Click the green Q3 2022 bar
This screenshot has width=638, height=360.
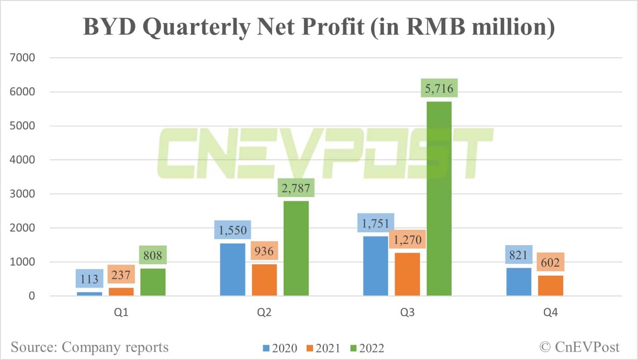pyautogui.click(x=439, y=198)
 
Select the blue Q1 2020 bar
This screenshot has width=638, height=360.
pyautogui.click(x=89, y=294)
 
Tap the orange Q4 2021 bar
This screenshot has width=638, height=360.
pyautogui.click(x=550, y=286)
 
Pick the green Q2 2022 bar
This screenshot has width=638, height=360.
pyautogui.click(x=296, y=248)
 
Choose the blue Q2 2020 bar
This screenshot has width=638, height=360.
pyautogui.click(x=233, y=269)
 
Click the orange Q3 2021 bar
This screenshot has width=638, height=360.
pyautogui.click(x=407, y=274)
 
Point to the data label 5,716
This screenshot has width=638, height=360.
pyautogui.click(x=439, y=89)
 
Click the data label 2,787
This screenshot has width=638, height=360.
pyautogui.click(x=296, y=188)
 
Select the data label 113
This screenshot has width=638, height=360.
pyautogui.click(x=89, y=279)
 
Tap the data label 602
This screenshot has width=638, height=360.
pyautogui.click(x=550, y=262)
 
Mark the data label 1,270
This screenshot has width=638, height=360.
pyautogui.click(x=407, y=240)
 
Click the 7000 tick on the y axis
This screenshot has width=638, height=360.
pyautogui.click(x=22, y=58)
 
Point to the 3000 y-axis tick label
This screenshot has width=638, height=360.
pyautogui.click(x=22, y=194)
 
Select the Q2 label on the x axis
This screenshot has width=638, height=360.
pyautogui.click(x=264, y=312)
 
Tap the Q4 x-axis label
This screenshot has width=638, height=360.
pyautogui.click(x=550, y=312)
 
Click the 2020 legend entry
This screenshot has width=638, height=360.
pyautogui.click(x=280, y=348)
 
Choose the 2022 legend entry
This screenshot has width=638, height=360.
pyautogui.click(x=367, y=348)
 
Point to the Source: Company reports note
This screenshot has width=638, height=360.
pyautogui.click(x=90, y=347)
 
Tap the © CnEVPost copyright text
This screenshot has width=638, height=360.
pyautogui.click(x=579, y=347)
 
